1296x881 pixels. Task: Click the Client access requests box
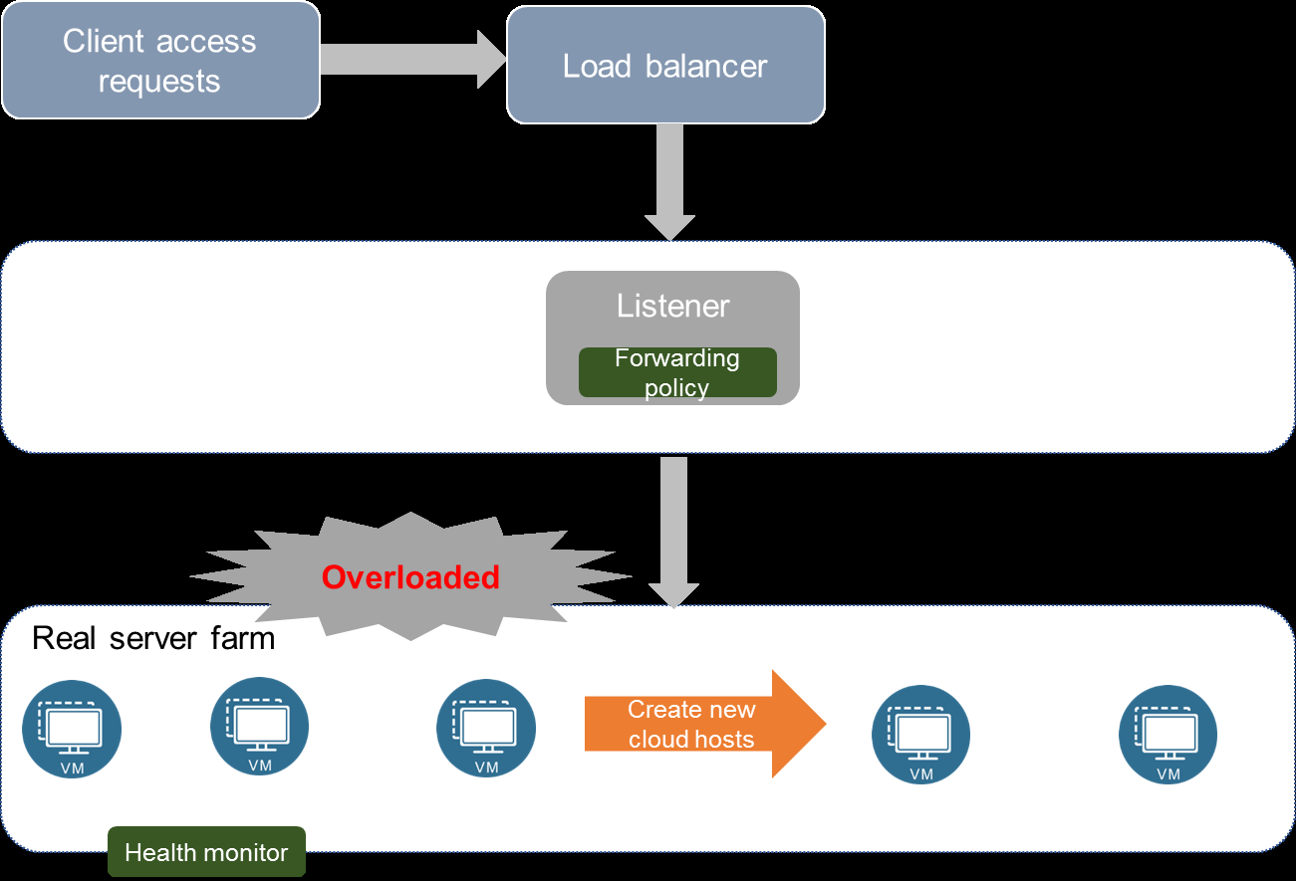tap(160, 60)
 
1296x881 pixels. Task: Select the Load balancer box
tap(666, 65)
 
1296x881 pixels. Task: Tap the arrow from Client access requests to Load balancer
tap(413, 59)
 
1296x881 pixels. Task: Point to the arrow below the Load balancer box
tap(670, 182)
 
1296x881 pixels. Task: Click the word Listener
tap(672, 306)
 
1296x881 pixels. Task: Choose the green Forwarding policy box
tap(677, 372)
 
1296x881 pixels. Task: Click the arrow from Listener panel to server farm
tap(673, 533)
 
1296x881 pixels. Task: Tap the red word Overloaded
tap(410, 577)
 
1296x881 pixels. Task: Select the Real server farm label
tap(153, 638)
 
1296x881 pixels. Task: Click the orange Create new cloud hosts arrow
tap(705, 724)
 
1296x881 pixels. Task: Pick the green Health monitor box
tap(206, 851)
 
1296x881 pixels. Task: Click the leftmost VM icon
tap(72, 729)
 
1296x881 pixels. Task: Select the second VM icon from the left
tap(259, 726)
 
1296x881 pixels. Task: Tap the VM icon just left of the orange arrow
tap(486, 728)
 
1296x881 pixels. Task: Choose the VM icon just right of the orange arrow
tap(921, 735)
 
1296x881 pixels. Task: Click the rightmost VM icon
tap(1168, 735)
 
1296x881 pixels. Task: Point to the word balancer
tap(706, 66)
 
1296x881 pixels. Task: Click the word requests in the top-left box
tap(159, 82)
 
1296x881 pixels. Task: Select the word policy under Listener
tap(677, 388)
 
